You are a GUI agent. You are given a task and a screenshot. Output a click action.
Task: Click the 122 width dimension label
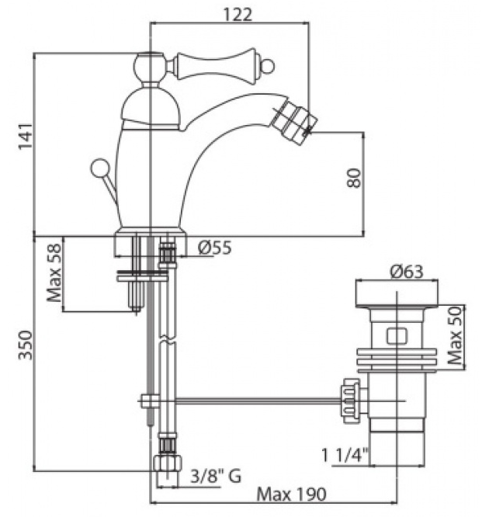(x=238, y=15)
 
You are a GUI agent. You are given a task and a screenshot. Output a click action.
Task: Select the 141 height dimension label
(x=26, y=136)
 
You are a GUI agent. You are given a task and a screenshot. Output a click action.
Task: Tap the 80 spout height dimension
(x=355, y=178)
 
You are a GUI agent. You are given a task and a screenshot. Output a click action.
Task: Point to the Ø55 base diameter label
(x=215, y=248)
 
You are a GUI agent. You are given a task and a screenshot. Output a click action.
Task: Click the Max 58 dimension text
(x=55, y=272)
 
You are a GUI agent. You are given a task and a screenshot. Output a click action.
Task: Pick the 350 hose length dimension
(x=26, y=345)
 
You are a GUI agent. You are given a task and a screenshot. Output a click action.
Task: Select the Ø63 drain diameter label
(x=406, y=272)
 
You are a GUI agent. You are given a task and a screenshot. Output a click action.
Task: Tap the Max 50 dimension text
(x=456, y=335)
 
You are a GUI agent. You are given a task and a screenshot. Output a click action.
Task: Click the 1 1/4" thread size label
(x=345, y=456)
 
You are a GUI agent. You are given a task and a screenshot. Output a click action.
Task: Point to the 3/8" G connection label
(x=216, y=476)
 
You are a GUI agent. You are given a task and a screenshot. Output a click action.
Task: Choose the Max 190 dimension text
(x=291, y=494)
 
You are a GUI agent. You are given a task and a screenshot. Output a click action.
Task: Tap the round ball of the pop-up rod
(x=101, y=168)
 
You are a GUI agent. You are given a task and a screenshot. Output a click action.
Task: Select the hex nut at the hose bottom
(x=167, y=463)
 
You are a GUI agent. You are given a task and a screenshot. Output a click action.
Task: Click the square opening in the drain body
(x=397, y=336)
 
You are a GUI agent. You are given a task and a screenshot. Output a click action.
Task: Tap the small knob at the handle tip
(x=267, y=67)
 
